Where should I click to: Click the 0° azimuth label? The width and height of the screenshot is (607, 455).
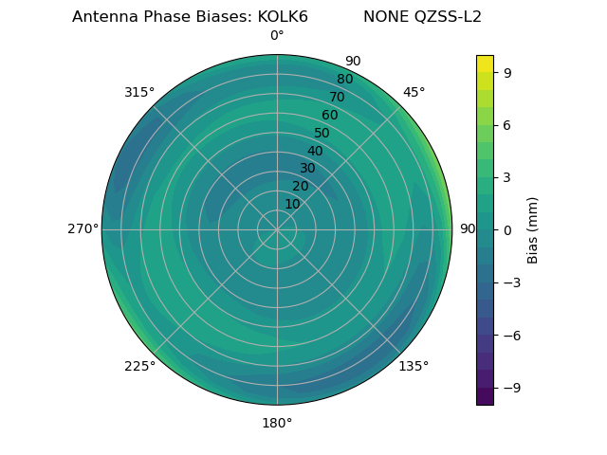click(277, 36)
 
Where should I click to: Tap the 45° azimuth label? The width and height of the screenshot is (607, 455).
click(414, 92)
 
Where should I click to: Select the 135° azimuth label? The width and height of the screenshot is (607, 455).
click(414, 366)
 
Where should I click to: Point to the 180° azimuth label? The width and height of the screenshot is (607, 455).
click(277, 423)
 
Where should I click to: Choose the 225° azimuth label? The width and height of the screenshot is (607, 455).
click(139, 366)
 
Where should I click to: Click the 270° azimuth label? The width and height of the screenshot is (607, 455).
click(83, 229)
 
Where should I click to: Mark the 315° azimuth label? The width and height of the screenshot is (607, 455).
click(139, 92)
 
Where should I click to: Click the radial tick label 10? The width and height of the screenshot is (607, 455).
click(293, 204)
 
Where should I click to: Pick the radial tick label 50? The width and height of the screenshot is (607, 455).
click(322, 133)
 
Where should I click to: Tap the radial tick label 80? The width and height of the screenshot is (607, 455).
click(345, 79)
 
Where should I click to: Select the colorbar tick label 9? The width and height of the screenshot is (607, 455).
click(508, 72)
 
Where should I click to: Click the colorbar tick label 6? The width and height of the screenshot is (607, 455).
click(508, 124)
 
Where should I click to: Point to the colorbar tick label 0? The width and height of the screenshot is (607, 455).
click(508, 229)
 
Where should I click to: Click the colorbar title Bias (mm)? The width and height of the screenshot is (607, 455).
click(533, 229)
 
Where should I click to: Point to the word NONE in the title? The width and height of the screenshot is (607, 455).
click(383, 17)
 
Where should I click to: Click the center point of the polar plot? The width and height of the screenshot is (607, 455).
click(277, 229)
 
